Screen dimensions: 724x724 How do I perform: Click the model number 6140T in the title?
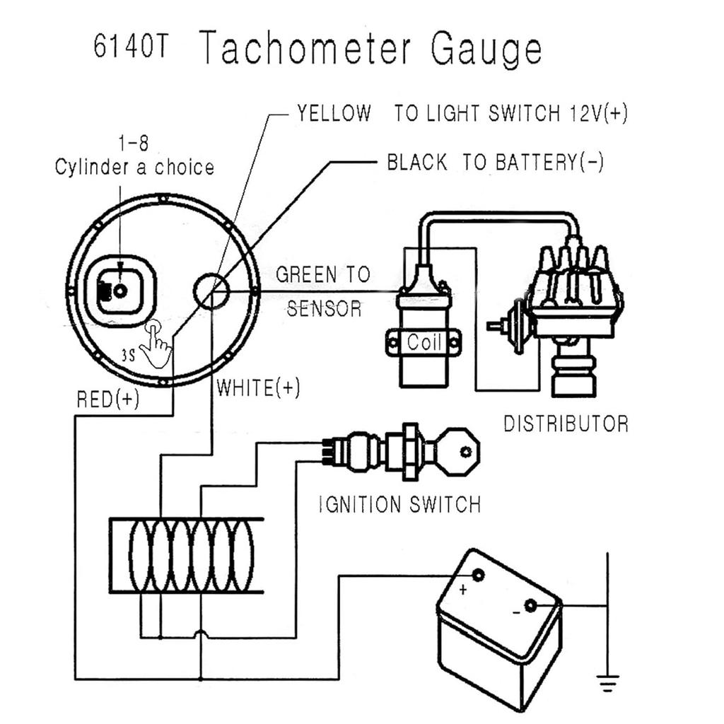[132, 49]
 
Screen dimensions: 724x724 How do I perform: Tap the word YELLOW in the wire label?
[334, 113]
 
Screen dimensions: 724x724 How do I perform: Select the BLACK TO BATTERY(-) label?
[495, 163]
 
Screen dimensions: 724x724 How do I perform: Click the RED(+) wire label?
[107, 399]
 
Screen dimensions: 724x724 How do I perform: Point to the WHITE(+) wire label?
[258, 387]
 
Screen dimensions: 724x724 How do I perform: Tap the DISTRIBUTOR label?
[566, 424]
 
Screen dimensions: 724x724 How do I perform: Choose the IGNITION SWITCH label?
[399, 505]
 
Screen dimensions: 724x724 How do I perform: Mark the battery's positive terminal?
[478, 576]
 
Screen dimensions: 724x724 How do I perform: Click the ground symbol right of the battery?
[607, 683]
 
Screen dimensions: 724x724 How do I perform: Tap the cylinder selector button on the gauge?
[120, 290]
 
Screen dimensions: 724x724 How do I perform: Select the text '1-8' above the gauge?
[134, 144]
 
